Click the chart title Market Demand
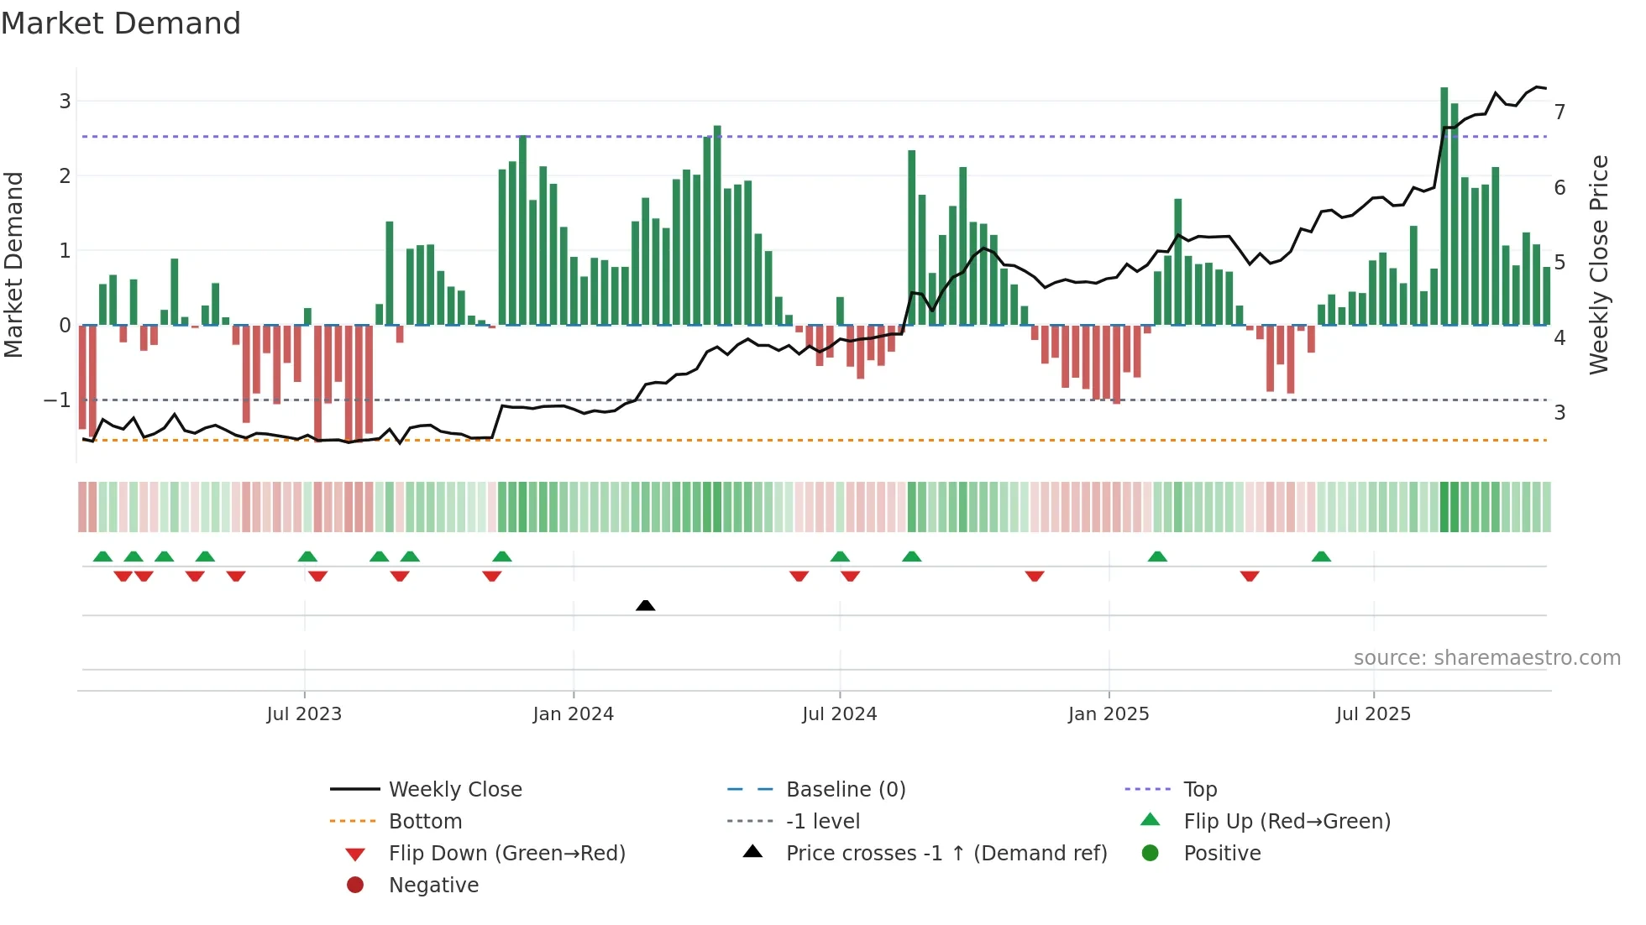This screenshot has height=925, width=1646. click(121, 24)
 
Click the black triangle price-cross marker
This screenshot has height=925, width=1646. click(645, 605)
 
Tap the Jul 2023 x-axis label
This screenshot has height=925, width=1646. click(304, 714)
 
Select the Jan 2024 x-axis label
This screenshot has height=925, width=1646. click(574, 714)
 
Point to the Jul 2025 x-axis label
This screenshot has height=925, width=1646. click(1373, 714)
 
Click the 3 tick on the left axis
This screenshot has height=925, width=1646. click(65, 102)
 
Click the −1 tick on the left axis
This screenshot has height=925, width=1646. click(58, 400)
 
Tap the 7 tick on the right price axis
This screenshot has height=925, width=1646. click(1560, 112)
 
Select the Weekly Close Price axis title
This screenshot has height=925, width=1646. click(1599, 264)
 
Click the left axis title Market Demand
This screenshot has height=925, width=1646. click(13, 264)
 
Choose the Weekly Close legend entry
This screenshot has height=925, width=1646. click(454, 790)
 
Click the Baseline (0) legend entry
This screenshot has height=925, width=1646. click(845, 790)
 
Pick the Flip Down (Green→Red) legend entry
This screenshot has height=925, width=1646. click(506, 854)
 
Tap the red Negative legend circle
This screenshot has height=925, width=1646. click(355, 886)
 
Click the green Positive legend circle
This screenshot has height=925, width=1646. click(1151, 854)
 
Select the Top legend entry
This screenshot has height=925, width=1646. click(1199, 790)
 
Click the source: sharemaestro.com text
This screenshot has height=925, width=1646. click(1486, 658)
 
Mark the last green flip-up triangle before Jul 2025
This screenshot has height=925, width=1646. click(1321, 557)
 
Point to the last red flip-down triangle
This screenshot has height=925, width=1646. click(1250, 576)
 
